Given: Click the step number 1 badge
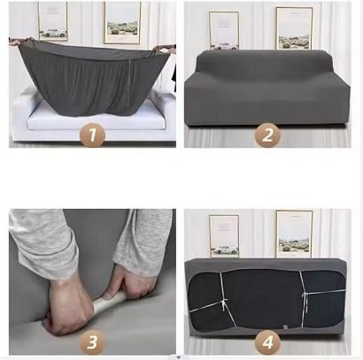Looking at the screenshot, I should [91, 134].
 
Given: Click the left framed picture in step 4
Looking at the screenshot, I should [224, 234].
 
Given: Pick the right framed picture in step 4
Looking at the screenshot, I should [293, 232].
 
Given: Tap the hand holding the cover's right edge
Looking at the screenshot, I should [169, 51].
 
